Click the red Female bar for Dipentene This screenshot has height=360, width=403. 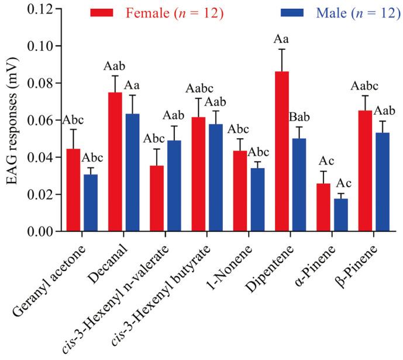click(x=283, y=152)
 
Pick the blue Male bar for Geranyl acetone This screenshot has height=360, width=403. click(x=91, y=203)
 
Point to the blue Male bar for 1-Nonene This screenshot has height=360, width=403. click(x=259, y=200)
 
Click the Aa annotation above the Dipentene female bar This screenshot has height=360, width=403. click(x=283, y=39)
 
